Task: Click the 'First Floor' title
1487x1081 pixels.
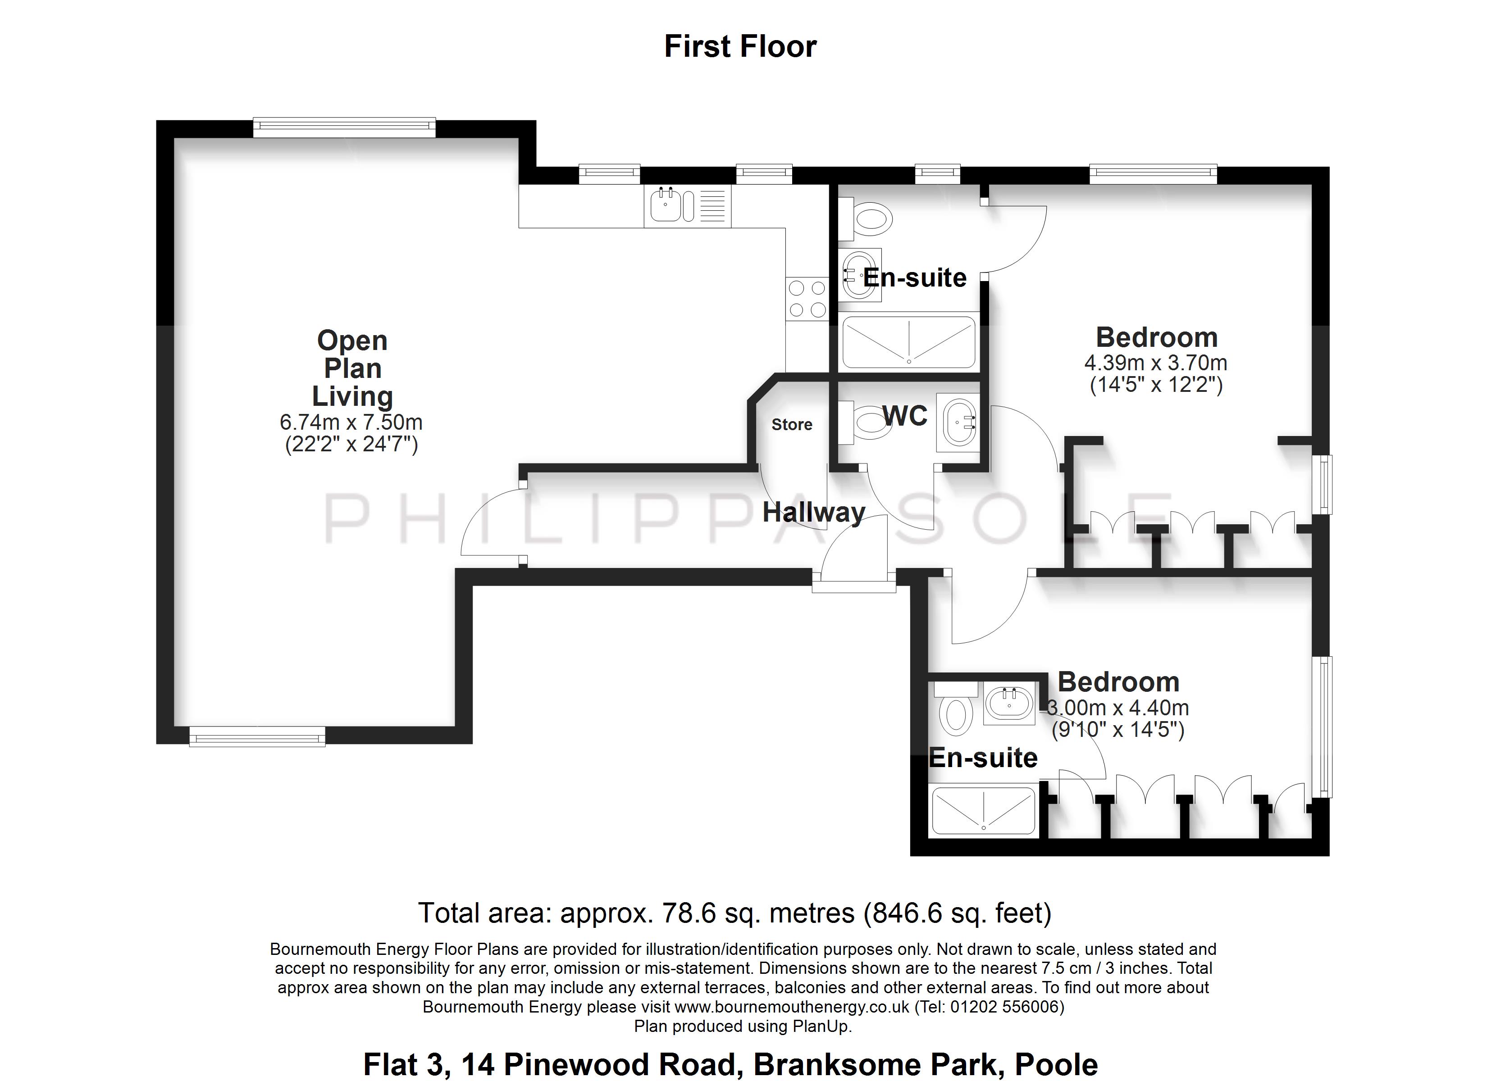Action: point(740,46)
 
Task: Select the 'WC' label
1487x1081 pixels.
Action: point(905,416)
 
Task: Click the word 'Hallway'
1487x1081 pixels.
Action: point(814,513)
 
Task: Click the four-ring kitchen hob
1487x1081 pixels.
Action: point(807,298)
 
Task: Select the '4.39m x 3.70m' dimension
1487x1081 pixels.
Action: point(1156,363)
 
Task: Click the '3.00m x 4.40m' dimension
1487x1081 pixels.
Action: point(1118,708)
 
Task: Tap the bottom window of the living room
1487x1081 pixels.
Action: point(257,737)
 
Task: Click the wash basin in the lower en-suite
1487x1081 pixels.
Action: point(1010,703)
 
